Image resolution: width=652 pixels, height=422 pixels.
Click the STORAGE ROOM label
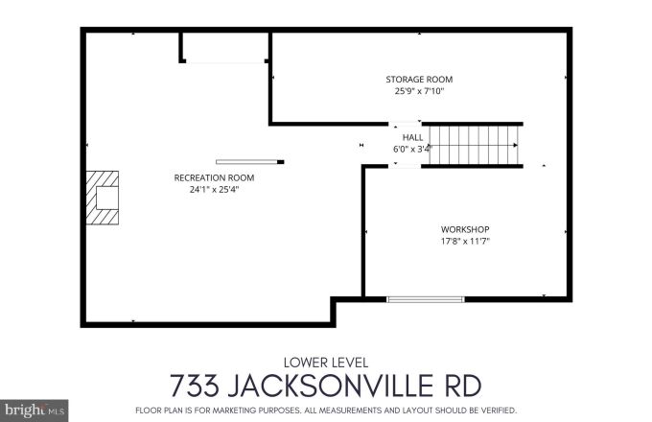click(418, 80)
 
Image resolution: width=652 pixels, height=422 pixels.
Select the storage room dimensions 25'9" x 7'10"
click(418, 92)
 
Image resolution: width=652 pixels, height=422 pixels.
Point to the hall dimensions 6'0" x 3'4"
click(412, 150)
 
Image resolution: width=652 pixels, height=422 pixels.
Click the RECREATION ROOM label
click(214, 177)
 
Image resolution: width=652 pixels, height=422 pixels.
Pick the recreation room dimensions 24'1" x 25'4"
click(214, 190)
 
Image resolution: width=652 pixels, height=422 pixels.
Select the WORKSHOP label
click(465, 229)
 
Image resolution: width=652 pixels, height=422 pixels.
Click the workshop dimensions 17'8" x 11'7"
click(465, 241)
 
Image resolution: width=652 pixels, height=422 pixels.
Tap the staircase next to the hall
click(472, 145)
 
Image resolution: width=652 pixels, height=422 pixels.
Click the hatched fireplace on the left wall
click(103, 198)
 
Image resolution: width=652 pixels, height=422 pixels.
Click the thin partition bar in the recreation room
click(249, 161)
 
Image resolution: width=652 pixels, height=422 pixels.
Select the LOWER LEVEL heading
click(325, 362)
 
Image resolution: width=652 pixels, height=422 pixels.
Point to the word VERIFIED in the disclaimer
click(494, 410)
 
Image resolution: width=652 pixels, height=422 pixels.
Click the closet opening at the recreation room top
click(225, 48)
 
